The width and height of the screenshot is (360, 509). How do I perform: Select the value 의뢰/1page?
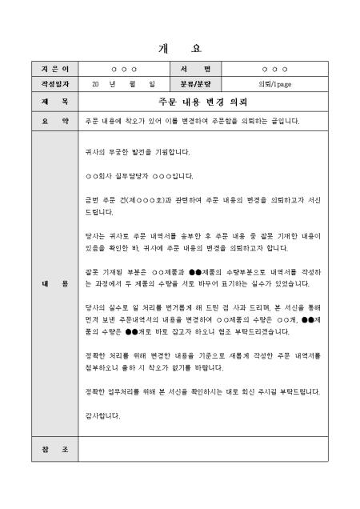274,82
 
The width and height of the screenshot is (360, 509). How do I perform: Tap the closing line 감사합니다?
103,415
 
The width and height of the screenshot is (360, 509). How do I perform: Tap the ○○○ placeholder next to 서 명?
274,70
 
